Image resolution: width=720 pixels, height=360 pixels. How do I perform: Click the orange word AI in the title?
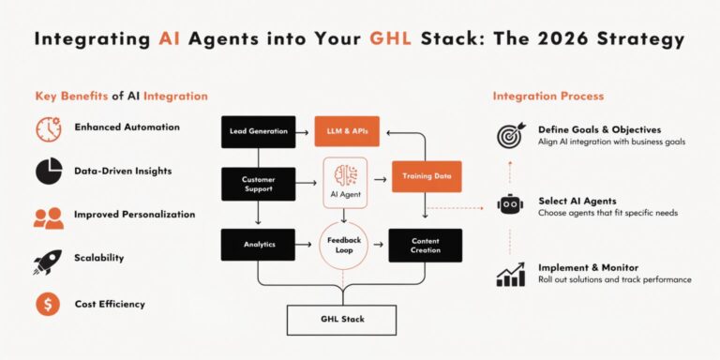tap(169, 39)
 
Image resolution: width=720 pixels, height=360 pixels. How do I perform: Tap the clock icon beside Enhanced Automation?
tap(49, 127)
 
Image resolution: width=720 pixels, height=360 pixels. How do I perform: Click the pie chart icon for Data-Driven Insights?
tap(49, 172)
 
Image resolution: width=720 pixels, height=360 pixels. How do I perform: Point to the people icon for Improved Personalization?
tap(49, 216)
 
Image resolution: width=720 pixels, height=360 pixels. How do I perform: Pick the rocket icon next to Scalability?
tap(49, 260)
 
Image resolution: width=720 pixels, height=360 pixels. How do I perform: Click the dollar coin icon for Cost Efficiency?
tap(49, 304)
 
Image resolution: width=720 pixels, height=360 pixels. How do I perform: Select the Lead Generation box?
tap(258, 132)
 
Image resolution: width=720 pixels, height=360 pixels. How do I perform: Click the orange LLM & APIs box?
tap(347, 132)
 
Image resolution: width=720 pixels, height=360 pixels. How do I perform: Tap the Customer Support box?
tap(258, 184)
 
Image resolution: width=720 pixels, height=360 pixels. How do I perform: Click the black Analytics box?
tap(258, 245)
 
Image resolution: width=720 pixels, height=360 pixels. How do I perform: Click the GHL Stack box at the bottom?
tap(341, 320)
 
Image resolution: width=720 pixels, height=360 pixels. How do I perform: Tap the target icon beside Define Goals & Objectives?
tap(511, 135)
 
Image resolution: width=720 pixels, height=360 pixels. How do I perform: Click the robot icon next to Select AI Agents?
tap(511, 205)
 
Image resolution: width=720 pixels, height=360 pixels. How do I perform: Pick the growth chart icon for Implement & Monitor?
tap(511, 274)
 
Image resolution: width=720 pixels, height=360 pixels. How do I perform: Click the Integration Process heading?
tap(548, 97)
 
